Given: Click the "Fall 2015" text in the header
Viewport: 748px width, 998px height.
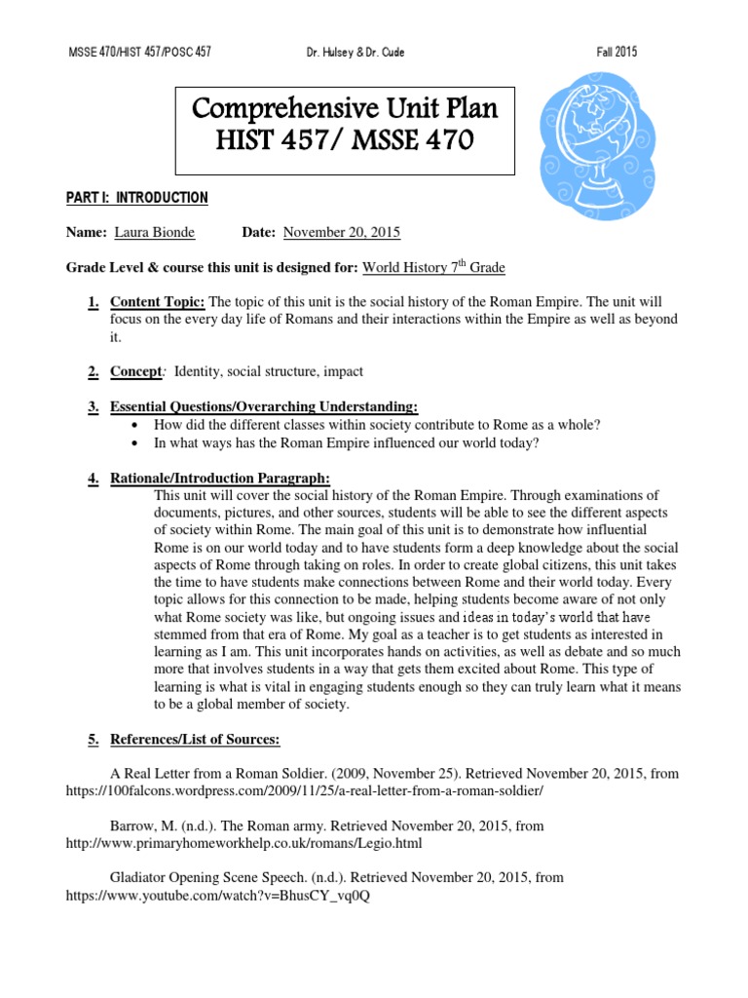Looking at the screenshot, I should pyautogui.click(x=616, y=52).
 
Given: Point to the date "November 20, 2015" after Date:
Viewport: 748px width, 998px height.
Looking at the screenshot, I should pyautogui.click(x=341, y=232).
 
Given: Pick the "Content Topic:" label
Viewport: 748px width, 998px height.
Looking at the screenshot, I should pyautogui.click(x=158, y=302).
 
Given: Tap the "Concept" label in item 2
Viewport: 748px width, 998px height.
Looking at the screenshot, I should pyautogui.click(x=134, y=371).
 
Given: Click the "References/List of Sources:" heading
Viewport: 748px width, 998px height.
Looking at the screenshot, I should pyautogui.click(x=195, y=740).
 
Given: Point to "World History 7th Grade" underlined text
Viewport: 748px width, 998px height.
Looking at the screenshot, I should pyautogui.click(x=433, y=267).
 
